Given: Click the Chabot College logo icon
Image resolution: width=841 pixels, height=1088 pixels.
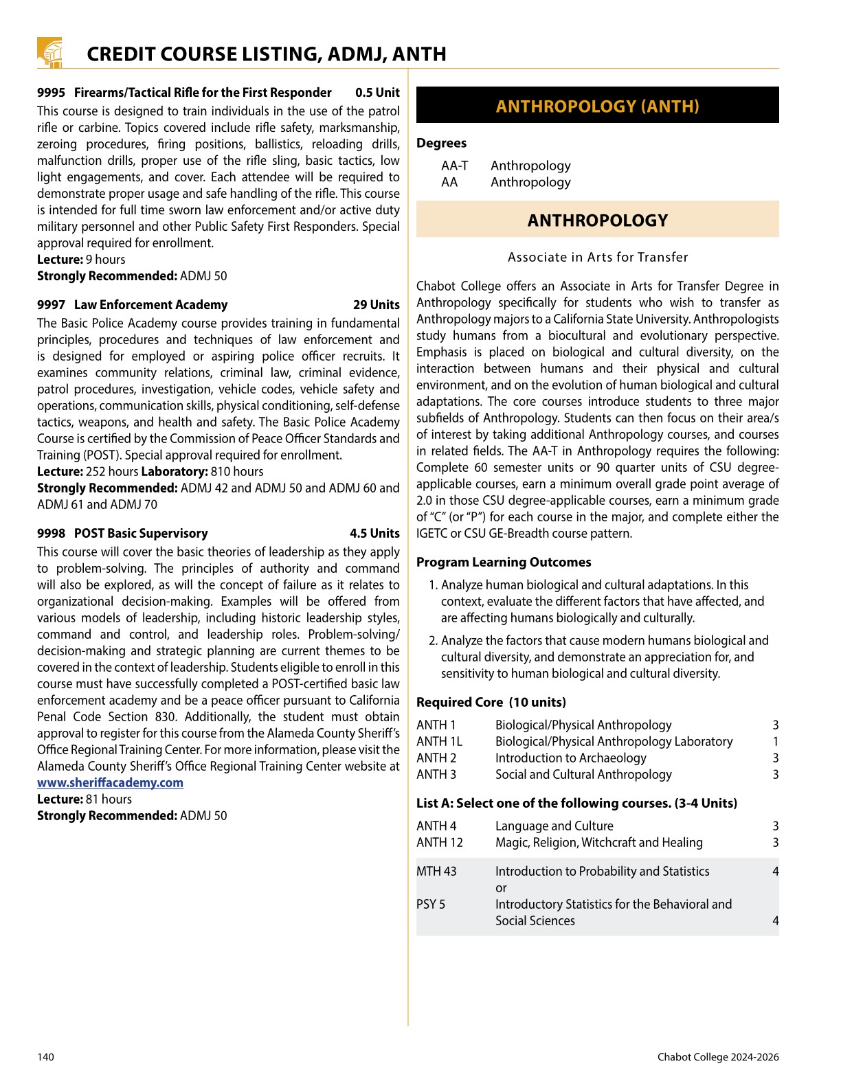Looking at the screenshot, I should click(49, 53).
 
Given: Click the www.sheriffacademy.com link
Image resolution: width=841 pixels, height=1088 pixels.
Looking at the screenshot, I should click(110, 783).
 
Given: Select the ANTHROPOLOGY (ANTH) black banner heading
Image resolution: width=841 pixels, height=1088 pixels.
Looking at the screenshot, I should click(597, 106).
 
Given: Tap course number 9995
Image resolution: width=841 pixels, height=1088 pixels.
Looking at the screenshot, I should click(51, 93).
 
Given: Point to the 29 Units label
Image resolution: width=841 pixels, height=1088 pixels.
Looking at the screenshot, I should click(376, 305).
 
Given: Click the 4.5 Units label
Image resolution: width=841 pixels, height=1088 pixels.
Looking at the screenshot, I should click(374, 534).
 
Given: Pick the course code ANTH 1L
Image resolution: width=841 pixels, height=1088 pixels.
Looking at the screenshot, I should click(439, 742).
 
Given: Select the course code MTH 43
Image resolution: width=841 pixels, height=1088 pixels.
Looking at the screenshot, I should click(436, 872).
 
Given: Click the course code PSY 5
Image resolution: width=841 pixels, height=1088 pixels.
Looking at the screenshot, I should click(431, 905).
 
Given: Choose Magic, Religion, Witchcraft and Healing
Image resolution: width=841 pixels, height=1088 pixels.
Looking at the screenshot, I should click(598, 843).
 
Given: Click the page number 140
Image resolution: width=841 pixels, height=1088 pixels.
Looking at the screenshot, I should click(45, 1057).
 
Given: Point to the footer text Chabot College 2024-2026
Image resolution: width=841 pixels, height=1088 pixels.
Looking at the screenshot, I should click(717, 1057).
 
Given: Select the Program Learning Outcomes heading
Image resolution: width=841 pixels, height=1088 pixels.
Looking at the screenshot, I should click(504, 563).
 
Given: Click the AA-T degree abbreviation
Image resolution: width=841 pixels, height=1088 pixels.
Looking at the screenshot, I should click(454, 166).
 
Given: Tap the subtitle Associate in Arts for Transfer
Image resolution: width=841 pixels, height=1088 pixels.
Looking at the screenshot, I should click(597, 258).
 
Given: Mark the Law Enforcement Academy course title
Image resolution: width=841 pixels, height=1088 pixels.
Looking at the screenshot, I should click(150, 305).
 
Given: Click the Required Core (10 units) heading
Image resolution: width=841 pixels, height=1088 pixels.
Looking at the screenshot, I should click(491, 703).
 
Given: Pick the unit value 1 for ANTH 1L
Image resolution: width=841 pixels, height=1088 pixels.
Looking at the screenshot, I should click(775, 742).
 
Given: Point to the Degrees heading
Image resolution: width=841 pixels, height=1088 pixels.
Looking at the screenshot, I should click(441, 144).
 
